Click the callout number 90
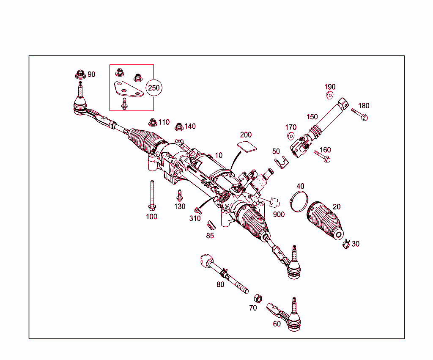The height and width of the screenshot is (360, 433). click(x=91, y=74)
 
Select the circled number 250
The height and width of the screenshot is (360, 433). click(x=154, y=88)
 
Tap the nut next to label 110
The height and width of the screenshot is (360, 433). click(x=152, y=122)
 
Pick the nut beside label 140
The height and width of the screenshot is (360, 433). click(x=179, y=126)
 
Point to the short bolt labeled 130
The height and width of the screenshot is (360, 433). click(x=179, y=196)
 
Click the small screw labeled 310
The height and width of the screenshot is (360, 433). click(x=197, y=210)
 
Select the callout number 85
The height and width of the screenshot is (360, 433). click(x=210, y=236)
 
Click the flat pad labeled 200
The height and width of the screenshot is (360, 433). click(x=247, y=146)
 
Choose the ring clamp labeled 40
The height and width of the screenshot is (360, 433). click(x=299, y=201)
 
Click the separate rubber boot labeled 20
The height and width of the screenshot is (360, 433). click(x=325, y=220)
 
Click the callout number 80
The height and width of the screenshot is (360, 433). click(x=220, y=285)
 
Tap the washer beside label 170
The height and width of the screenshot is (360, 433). click(x=290, y=136)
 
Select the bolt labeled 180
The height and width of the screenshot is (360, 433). click(x=359, y=114)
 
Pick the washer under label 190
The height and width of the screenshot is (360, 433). click(x=329, y=95)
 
